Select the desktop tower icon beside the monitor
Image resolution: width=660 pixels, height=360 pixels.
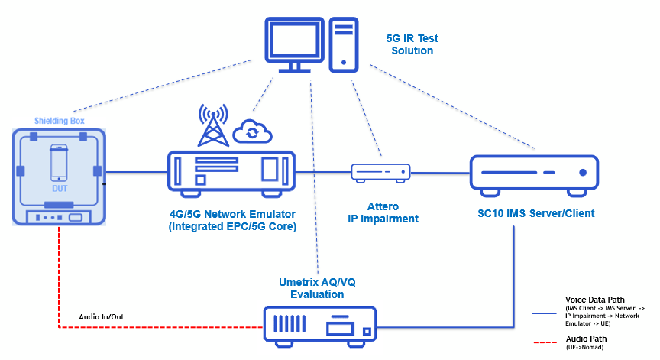click(x=345, y=44)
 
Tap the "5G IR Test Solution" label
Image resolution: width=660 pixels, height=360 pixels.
click(x=412, y=44)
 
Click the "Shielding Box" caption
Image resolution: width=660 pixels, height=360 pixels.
click(x=60, y=121)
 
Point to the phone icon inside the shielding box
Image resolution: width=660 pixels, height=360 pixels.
click(x=60, y=162)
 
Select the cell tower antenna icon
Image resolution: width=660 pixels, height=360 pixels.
click(x=214, y=125)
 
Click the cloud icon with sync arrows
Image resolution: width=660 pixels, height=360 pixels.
click(x=253, y=131)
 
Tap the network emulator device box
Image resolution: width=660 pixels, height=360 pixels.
click(x=231, y=173)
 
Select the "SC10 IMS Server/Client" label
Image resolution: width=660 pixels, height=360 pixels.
click(x=533, y=213)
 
